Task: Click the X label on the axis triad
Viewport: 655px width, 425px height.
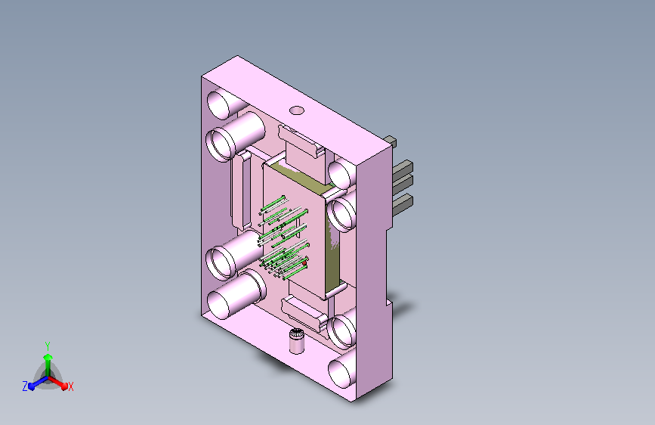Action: pos(71,386)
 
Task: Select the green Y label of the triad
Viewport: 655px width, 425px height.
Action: pos(48,346)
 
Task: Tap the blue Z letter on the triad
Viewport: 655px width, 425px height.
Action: pos(25,386)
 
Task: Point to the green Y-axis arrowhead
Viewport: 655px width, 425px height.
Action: pos(48,357)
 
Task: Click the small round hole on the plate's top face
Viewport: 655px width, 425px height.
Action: pos(297,110)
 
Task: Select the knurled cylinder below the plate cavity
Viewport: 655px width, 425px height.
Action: pos(297,341)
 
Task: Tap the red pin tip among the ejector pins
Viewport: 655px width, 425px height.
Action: pos(304,263)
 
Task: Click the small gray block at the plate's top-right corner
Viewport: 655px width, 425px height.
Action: pos(391,141)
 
